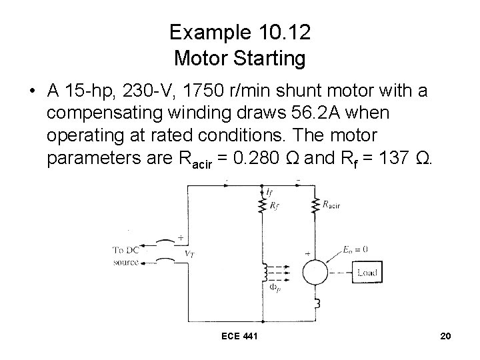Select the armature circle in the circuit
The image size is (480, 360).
point(316,272)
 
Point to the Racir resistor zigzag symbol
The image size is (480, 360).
point(315,207)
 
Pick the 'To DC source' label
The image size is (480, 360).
point(126,256)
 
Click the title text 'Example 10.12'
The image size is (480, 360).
point(239,32)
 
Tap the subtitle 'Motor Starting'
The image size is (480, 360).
point(239,58)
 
